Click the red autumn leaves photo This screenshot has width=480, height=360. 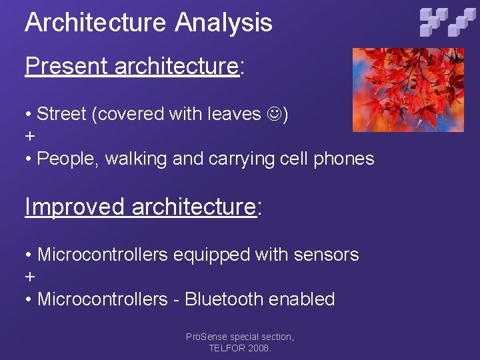pos(407,89)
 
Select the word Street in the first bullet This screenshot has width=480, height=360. pos(62,114)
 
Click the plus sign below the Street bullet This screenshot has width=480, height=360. pos(29,137)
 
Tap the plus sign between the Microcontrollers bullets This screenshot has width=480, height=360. pos(29,277)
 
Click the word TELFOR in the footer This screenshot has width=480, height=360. pos(225,348)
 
